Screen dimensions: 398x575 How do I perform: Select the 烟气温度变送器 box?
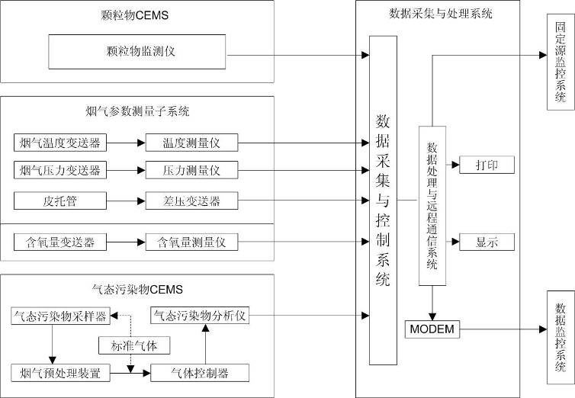(61, 142)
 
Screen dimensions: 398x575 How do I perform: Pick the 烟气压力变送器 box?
(61, 169)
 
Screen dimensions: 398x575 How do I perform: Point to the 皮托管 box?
(61, 201)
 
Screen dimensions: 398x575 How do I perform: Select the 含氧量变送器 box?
(61, 242)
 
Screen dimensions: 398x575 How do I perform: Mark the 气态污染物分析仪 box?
(201, 315)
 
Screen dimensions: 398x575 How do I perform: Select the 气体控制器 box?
(201, 373)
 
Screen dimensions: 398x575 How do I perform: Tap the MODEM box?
(432, 329)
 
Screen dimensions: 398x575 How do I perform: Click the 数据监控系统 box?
(561, 330)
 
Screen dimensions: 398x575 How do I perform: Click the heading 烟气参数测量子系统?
(137, 111)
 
